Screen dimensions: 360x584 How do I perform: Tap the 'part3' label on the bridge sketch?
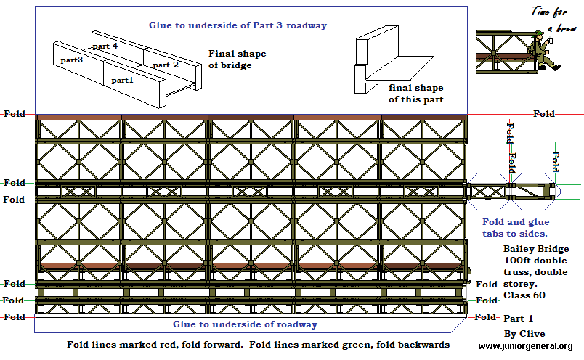[72, 60]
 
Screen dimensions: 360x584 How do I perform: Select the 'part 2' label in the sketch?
[165, 65]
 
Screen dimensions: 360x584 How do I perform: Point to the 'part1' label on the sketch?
[123, 80]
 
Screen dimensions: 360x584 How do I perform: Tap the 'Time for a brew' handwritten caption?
[553, 18]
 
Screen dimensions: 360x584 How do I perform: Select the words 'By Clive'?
[519, 333]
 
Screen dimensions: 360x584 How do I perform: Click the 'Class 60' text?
[522, 295]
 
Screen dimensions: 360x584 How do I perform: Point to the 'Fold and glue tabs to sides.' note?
[516, 227]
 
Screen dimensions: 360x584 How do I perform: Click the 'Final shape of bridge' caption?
[237, 60]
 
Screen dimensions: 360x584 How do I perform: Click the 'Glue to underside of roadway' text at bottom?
[245, 324]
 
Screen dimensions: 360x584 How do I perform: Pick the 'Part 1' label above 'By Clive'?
[518, 318]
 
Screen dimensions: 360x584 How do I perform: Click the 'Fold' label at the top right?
[544, 114]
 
